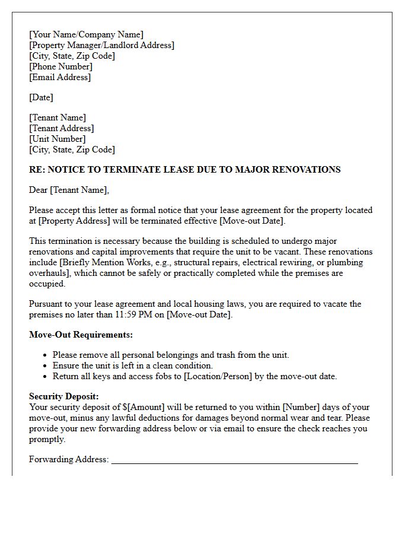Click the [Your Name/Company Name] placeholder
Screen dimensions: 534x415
tap(86, 34)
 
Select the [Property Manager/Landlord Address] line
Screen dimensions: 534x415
tap(101, 45)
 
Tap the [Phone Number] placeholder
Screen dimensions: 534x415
tap(60, 66)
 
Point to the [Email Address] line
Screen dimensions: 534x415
tap(60, 77)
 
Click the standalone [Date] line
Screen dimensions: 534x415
tap(41, 97)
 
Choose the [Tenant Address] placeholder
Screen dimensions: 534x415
tap(61, 128)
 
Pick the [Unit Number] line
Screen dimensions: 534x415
tap(57, 139)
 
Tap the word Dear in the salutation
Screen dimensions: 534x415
tap(39, 190)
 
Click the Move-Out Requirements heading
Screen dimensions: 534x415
tap(81, 335)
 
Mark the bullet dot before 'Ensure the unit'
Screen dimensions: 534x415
tap(46, 366)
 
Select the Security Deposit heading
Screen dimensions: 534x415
tap(64, 396)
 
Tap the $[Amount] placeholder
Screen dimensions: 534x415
tap(146, 407)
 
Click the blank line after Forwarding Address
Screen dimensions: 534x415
tap(234, 460)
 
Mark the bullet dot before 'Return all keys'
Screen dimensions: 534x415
tap(46, 377)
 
